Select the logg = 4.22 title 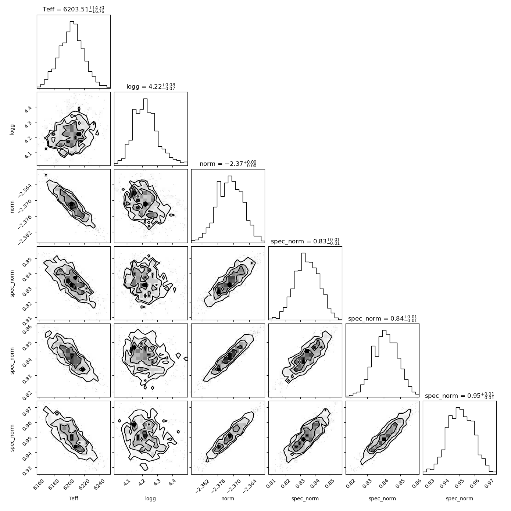[151, 86]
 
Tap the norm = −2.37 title [228, 164]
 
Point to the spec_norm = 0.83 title [305, 241]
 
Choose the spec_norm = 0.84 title [382, 318]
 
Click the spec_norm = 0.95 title [460, 396]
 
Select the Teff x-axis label [74, 499]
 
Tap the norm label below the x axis [228, 499]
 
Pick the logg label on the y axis [12, 129]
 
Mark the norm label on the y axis [12, 206]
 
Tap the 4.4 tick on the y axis [28, 109]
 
